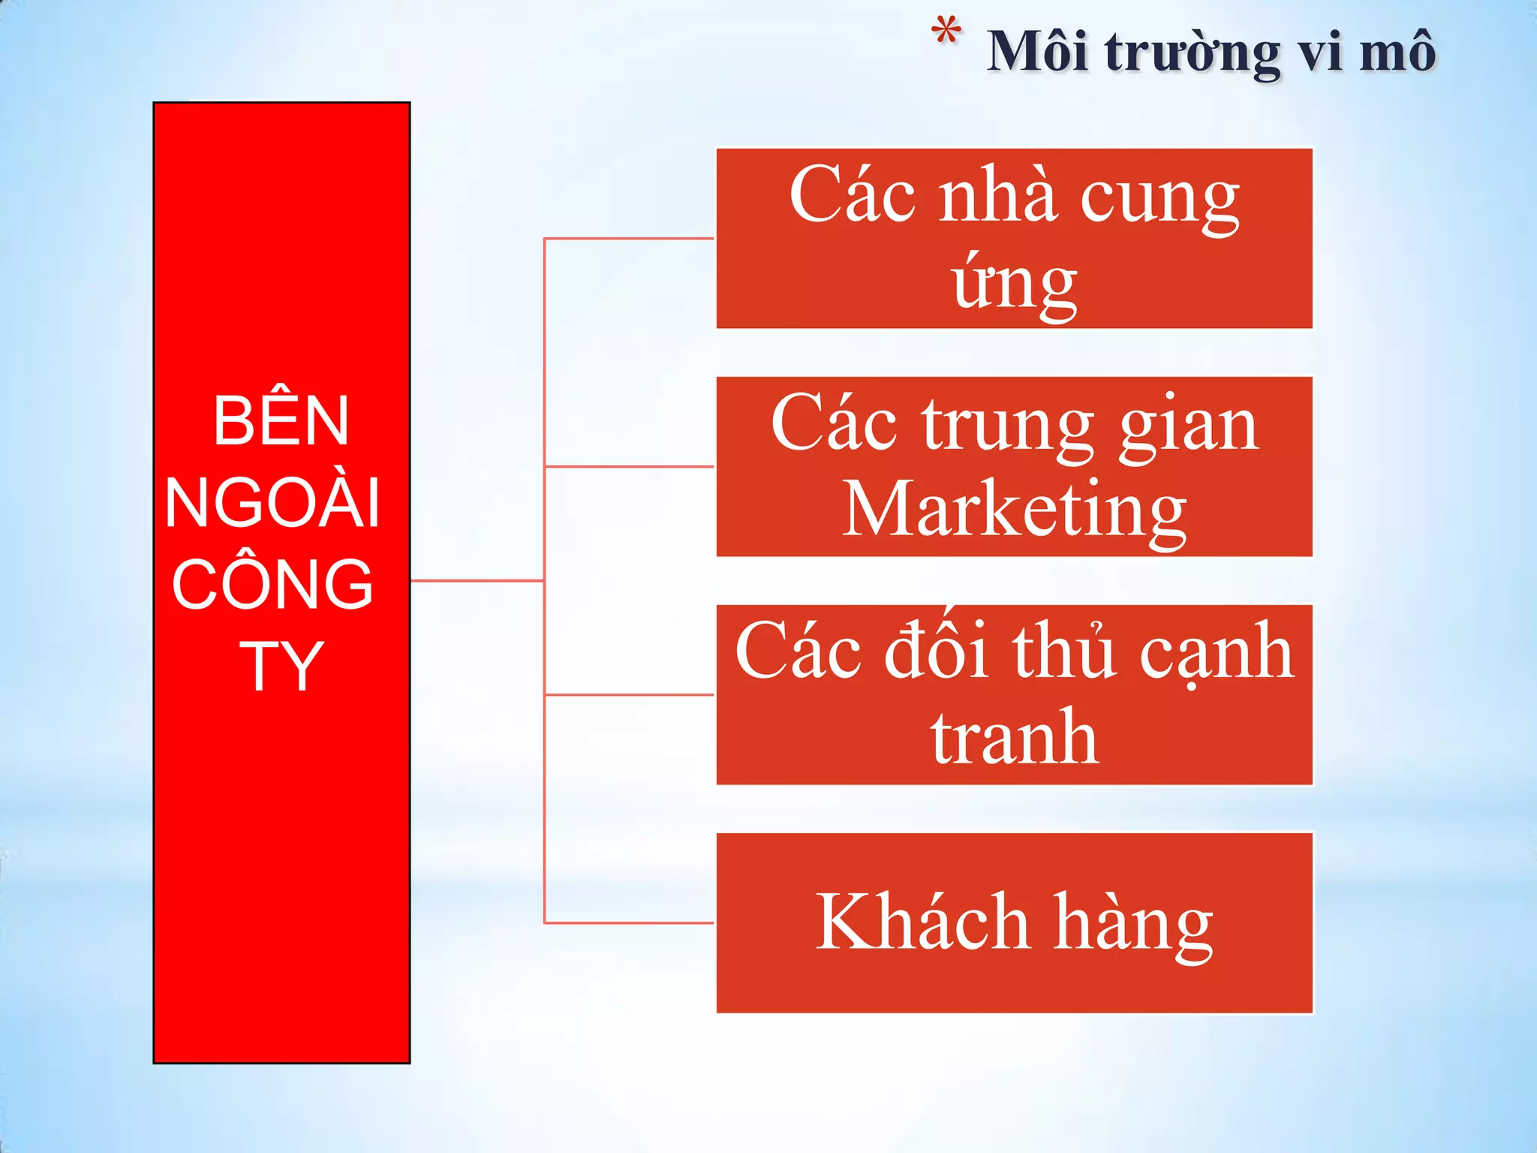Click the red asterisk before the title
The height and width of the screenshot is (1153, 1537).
(946, 34)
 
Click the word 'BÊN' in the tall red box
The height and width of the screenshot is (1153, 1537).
(281, 421)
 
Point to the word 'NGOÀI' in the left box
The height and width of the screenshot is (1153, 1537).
(273, 503)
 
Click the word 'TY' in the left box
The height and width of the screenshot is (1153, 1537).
(281, 666)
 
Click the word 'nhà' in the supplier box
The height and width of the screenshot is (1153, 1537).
(998, 196)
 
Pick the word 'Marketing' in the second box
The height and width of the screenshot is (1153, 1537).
(1014, 510)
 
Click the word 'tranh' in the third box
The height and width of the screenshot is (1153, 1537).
(1015, 738)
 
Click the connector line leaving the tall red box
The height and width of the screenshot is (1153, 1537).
(477, 580)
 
